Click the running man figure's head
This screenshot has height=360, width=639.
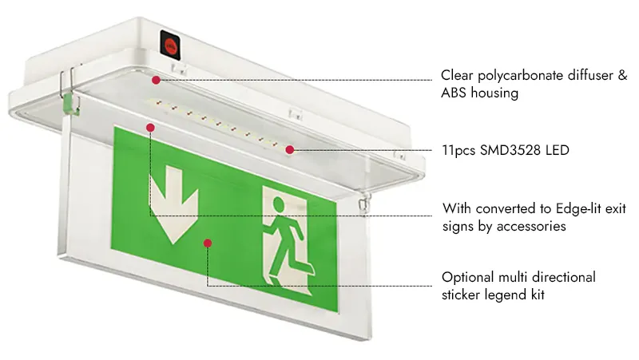278,204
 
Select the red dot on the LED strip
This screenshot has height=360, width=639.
290,150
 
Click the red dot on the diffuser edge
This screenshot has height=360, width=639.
156,81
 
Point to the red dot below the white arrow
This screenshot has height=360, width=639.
208,243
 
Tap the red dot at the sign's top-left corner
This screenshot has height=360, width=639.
150,128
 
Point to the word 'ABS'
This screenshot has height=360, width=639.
454,93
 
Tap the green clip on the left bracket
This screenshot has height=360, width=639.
70,103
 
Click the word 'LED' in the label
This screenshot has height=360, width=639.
558,150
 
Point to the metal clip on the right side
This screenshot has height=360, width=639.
365,203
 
